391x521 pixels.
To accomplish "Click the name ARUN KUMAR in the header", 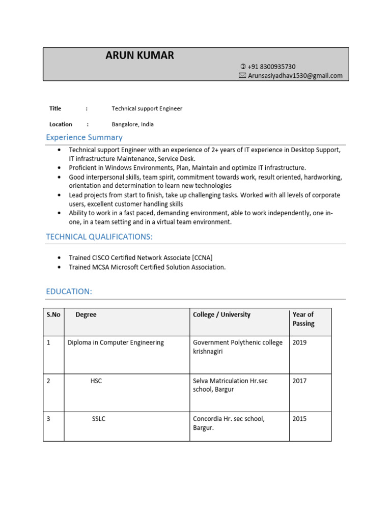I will (139, 56).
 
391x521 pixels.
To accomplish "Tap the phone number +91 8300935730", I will (271, 67).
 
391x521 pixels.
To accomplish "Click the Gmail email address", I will (295, 76).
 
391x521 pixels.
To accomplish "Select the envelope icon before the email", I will (242, 76).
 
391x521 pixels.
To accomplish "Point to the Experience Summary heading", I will (84, 137).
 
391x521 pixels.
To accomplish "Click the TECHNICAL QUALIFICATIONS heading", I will (99, 237).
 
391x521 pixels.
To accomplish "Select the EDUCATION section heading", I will (69, 292).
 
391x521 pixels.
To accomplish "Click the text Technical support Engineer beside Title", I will (147, 108).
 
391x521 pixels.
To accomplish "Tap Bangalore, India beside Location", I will (132, 124).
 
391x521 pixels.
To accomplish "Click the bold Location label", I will (61, 124).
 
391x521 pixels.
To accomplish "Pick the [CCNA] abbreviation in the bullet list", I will (202, 258).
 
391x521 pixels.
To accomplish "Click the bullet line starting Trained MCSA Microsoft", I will (147, 267).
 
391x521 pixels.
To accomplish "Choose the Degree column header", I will (86, 314).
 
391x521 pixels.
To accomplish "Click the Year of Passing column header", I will (303, 319).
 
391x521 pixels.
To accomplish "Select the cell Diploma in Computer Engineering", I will (116, 342).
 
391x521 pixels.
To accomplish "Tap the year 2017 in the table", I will (299, 381).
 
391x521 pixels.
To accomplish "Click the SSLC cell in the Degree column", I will (99, 419).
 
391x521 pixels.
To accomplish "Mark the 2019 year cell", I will (299, 342).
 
